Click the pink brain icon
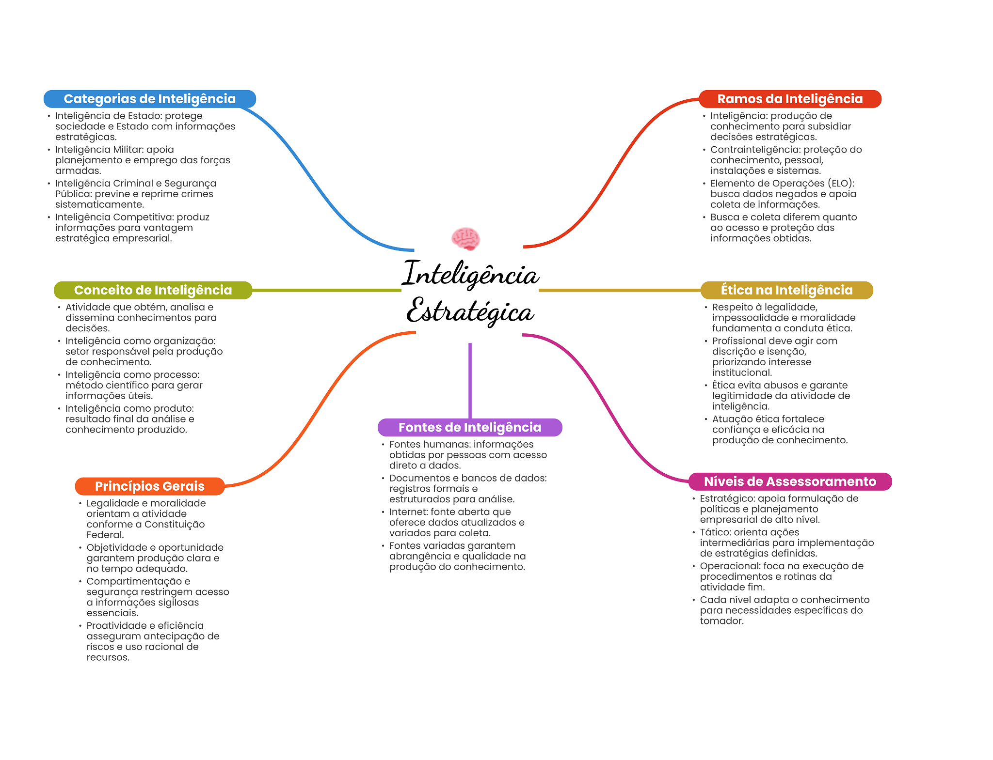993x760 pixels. tap(465, 239)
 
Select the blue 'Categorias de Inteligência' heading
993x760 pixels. tap(150, 99)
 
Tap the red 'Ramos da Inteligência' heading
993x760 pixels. tap(790, 99)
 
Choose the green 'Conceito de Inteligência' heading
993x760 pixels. tap(153, 290)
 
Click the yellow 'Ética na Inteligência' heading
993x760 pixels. tap(786, 290)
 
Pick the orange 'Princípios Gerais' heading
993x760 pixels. tap(150, 486)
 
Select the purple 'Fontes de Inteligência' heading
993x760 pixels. tap(470, 427)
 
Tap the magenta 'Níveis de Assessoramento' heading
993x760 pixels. tap(790, 481)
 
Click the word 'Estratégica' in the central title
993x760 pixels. tap(470, 311)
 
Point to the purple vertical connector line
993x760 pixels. tap(470, 381)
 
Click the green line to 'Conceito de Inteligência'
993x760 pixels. tap(326, 290)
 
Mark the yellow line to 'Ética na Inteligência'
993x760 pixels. tap(620, 290)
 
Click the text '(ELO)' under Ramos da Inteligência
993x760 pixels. tap(841, 184)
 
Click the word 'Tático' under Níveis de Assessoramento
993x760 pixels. tap(715, 532)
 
